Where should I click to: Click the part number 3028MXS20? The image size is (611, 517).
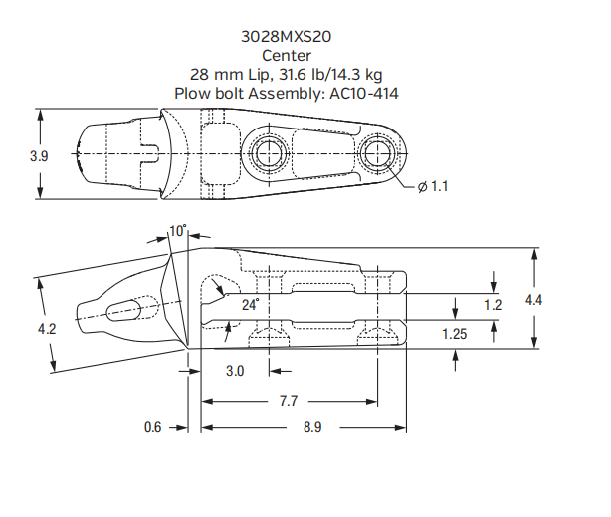pos(287,36)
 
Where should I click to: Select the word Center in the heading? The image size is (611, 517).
pos(287,55)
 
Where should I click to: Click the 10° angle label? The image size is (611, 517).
pos(178,231)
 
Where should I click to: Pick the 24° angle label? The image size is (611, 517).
pos(249,304)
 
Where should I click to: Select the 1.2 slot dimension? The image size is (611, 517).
pos(493,305)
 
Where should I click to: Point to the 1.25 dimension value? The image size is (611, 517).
pos(455,334)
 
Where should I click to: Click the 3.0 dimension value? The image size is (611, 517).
pos(235,370)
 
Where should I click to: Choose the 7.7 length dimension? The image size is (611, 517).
pos(288,401)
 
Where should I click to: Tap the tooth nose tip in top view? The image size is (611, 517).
pos(83,155)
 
